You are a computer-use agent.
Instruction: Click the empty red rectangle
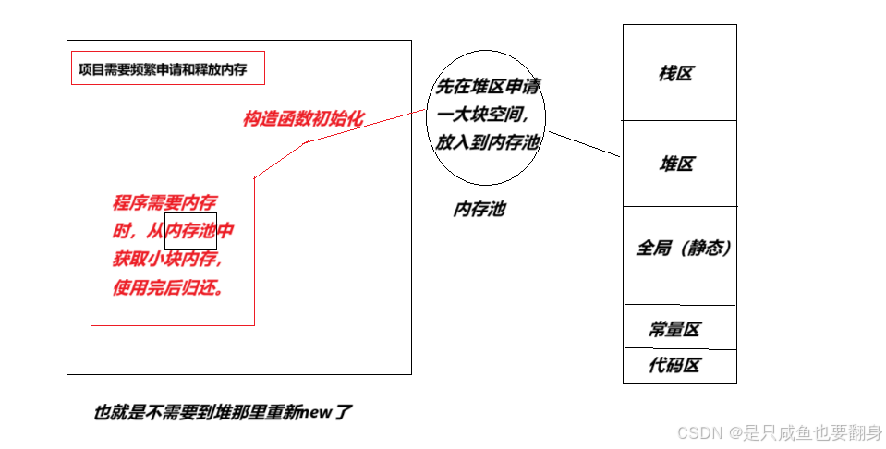tap(168, 67)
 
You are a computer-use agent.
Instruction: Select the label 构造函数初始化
tap(303, 118)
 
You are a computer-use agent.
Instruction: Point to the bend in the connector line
tap(305, 142)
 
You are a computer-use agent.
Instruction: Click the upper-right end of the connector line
tap(424, 110)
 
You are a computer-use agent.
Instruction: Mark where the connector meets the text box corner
tap(255, 176)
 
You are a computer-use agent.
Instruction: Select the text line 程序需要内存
tap(164, 203)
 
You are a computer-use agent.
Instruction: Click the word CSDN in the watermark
tap(698, 432)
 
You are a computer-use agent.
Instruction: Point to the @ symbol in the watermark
tap(734, 432)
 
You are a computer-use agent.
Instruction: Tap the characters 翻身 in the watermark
tap(863, 432)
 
